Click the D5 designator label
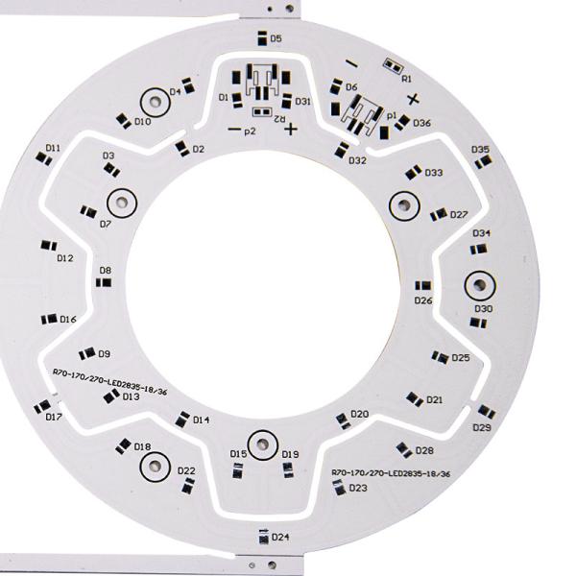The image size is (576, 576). coord(276,38)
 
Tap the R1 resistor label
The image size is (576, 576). coord(407,79)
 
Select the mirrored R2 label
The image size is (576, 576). coord(280,119)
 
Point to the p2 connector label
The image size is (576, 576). coord(250,132)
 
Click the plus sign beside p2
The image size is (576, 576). coord(291,129)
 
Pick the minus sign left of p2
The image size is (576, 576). coord(234,129)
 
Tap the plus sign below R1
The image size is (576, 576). coord(413,99)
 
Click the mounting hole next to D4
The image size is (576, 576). coord(156,102)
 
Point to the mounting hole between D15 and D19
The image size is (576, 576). coord(262,444)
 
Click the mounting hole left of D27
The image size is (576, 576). coord(404,205)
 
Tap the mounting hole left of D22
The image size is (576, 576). coord(156,467)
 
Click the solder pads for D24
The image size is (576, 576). coord(264,539)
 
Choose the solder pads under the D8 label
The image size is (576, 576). coord(104,282)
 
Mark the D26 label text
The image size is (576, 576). coord(423,300)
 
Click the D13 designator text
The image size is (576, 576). coord(132,396)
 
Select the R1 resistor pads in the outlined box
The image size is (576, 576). coord(394,66)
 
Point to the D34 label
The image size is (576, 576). coord(481,233)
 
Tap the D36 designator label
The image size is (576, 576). coord(421,123)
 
